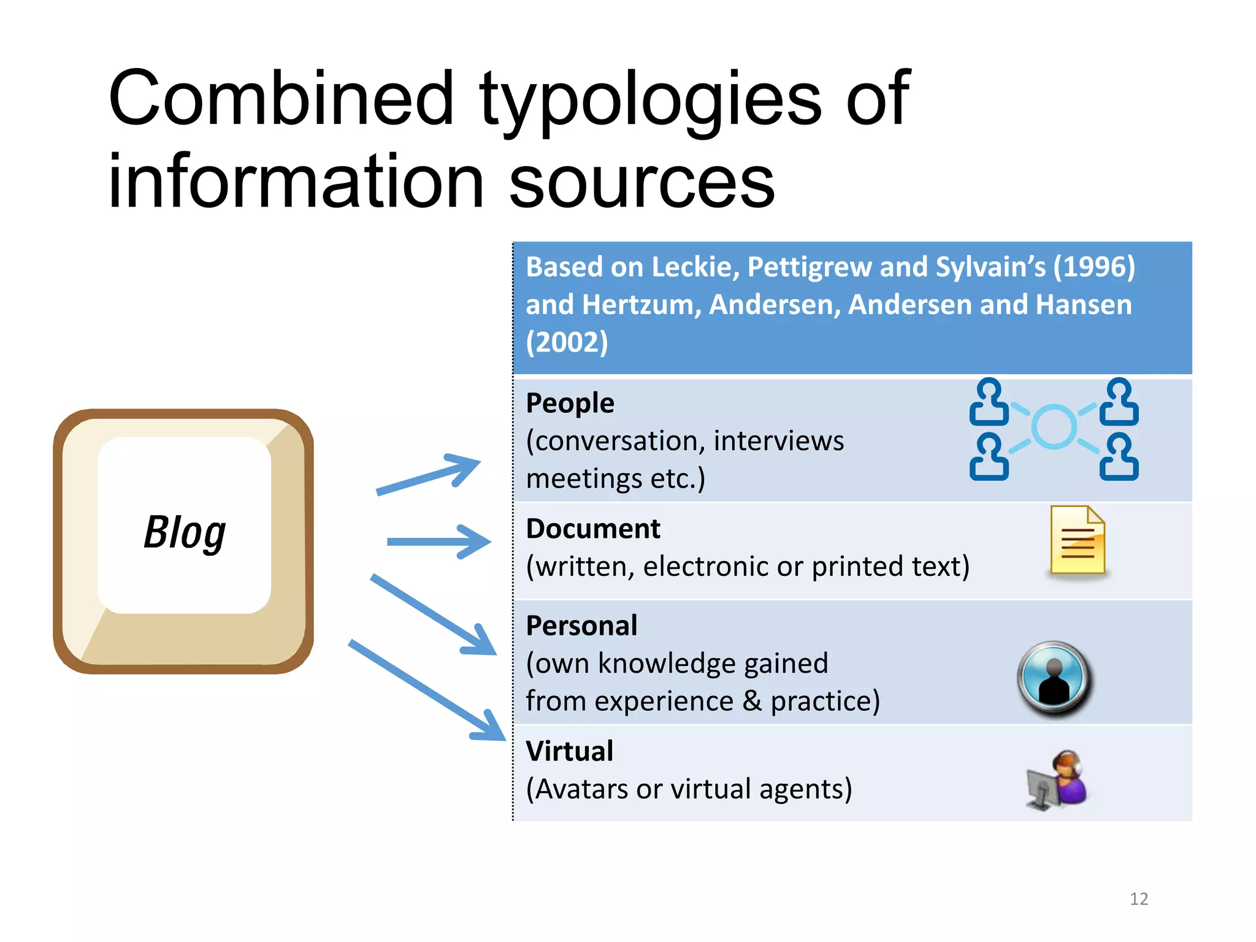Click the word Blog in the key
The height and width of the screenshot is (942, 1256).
coord(185,532)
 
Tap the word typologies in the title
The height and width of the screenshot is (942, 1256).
coord(649,101)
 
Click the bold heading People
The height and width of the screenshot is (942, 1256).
coord(570,404)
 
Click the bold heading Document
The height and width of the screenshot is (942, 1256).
coord(593,529)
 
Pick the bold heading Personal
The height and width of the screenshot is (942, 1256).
coord(581,626)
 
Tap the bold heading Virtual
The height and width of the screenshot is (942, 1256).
coord(569,751)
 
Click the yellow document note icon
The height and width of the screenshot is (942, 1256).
coord(1078,540)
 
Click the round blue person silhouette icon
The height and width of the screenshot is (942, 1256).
coord(1054,678)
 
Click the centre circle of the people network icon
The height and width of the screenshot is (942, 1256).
coord(1054,427)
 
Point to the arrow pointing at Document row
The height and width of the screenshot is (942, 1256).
coord(439,542)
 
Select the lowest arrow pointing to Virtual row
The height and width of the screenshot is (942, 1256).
coord(427,691)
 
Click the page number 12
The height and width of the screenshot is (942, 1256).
coord(1139,899)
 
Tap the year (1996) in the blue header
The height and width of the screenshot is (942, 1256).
coord(1094,267)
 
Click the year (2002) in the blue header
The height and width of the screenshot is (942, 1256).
coord(567,342)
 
